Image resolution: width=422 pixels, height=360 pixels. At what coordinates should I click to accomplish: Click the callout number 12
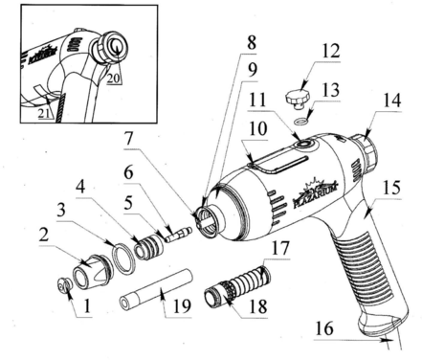[x=331, y=51]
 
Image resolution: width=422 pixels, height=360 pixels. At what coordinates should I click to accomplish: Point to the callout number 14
[x=391, y=101]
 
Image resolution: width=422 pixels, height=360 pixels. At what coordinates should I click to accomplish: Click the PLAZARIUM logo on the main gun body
[x=315, y=192]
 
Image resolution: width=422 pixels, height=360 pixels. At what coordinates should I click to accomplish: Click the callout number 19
[x=182, y=305]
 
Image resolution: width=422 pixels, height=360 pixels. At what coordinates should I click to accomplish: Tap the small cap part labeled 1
[x=64, y=284]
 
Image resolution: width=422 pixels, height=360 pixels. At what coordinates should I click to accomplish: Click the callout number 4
[x=81, y=186]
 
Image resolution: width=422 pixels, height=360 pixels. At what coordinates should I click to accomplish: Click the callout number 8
[x=252, y=42]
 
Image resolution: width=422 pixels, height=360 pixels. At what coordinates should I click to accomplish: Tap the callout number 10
[x=257, y=128]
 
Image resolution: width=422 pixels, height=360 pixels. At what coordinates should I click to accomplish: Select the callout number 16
[x=324, y=327]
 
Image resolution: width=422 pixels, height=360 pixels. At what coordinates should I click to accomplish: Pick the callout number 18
[x=258, y=306]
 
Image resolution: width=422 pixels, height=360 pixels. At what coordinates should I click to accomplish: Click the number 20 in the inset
[x=114, y=78]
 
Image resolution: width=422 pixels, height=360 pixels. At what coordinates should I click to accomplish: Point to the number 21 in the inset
[x=45, y=113]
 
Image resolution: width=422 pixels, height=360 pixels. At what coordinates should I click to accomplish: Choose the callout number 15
[x=391, y=188]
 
